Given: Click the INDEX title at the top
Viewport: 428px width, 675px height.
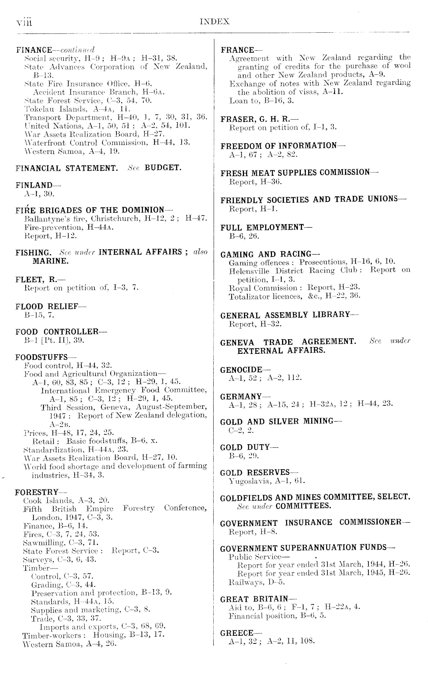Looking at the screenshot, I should point(215,22).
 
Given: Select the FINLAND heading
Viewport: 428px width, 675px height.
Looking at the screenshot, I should point(34,185).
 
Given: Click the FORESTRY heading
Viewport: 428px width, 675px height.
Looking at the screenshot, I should point(37,492).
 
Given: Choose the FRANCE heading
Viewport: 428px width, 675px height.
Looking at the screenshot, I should point(237,50).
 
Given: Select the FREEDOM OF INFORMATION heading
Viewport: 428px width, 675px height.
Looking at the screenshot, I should point(279,146).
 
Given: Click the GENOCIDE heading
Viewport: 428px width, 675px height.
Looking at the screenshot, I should point(241,370).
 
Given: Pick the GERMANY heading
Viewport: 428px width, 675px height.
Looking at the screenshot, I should point(241,396).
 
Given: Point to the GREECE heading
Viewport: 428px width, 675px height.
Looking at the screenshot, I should point(237,633).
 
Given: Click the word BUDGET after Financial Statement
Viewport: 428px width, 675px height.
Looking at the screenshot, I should point(163,168).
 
